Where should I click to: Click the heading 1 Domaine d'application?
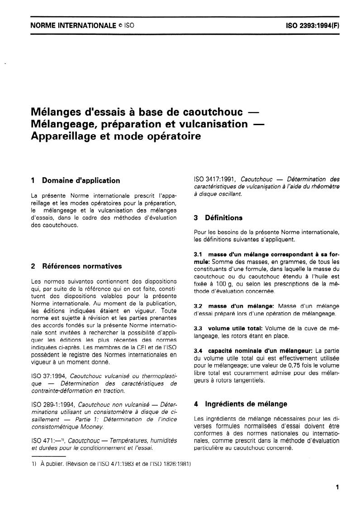coord(75,181)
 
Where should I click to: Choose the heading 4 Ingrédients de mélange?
coord(240,404)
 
